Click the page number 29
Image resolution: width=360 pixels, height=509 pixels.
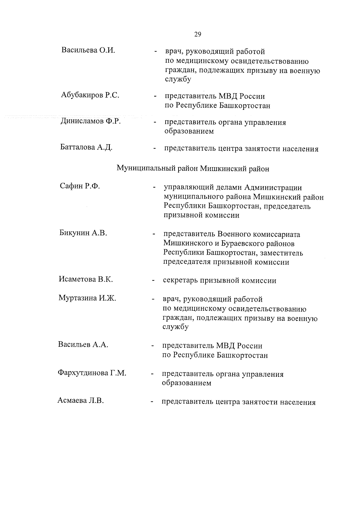(197, 34)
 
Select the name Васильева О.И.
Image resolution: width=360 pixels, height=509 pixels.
(88, 50)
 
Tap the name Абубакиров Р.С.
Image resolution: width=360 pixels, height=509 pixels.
(90, 95)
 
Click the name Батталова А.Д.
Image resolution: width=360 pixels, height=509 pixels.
(86, 147)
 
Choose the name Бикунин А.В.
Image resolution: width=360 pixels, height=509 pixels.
(83, 233)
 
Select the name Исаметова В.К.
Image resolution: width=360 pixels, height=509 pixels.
(85, 280)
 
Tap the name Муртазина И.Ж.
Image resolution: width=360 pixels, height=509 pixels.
(87, 298)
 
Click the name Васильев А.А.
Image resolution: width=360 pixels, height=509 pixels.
(83, 345)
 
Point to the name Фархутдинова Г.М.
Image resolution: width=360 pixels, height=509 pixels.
(92, 373)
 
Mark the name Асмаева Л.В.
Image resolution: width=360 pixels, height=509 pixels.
(80, 401)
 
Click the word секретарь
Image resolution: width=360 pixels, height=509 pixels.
(181, 281)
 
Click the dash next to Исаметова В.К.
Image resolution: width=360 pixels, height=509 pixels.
(153, 281)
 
